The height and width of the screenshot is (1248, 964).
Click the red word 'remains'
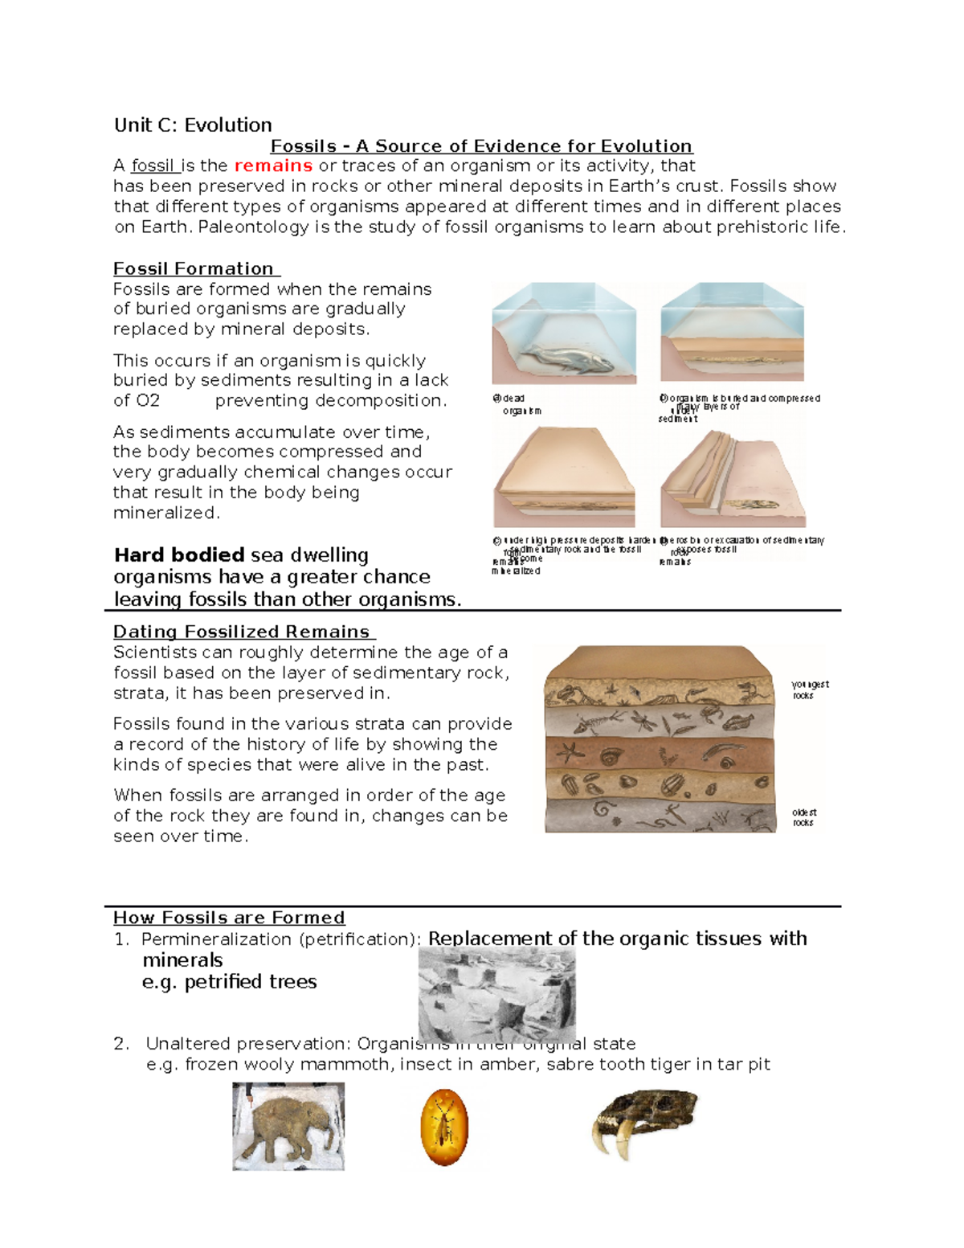pyautogui.click(x=273, y=166)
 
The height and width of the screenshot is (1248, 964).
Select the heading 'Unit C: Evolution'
pyautogui.click(x=193, y=125)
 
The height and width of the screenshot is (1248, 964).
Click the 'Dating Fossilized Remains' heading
pyautogui.click(x=242, y=632)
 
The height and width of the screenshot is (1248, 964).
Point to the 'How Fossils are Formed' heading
pyautogui.click(x=229, y=918)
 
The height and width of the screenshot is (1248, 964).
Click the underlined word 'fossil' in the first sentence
pyautogui.click(x=153, y=166)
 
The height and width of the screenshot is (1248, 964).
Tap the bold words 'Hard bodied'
pyautogui.click(x=179, y=555)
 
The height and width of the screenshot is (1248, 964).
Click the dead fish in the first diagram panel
pyautogui.click(x=563, y=356)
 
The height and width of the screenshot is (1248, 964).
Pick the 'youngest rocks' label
pyautogui.click(x=809, y=689)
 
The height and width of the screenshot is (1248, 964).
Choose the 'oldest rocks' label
pyautogui.click(x=803, y=817)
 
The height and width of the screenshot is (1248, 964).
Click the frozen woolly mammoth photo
pyautogui.click(x=288, y=1126)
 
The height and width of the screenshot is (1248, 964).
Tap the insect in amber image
pyautogui.click(x=443, y=1127)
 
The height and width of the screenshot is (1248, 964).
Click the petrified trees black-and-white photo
pyautogui.click(x=496, y=995)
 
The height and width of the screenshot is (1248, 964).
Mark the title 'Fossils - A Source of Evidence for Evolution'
pyautogui.click(x=481, y=146)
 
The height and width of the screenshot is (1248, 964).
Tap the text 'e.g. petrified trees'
pyautogui.click(x=230, y=982)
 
